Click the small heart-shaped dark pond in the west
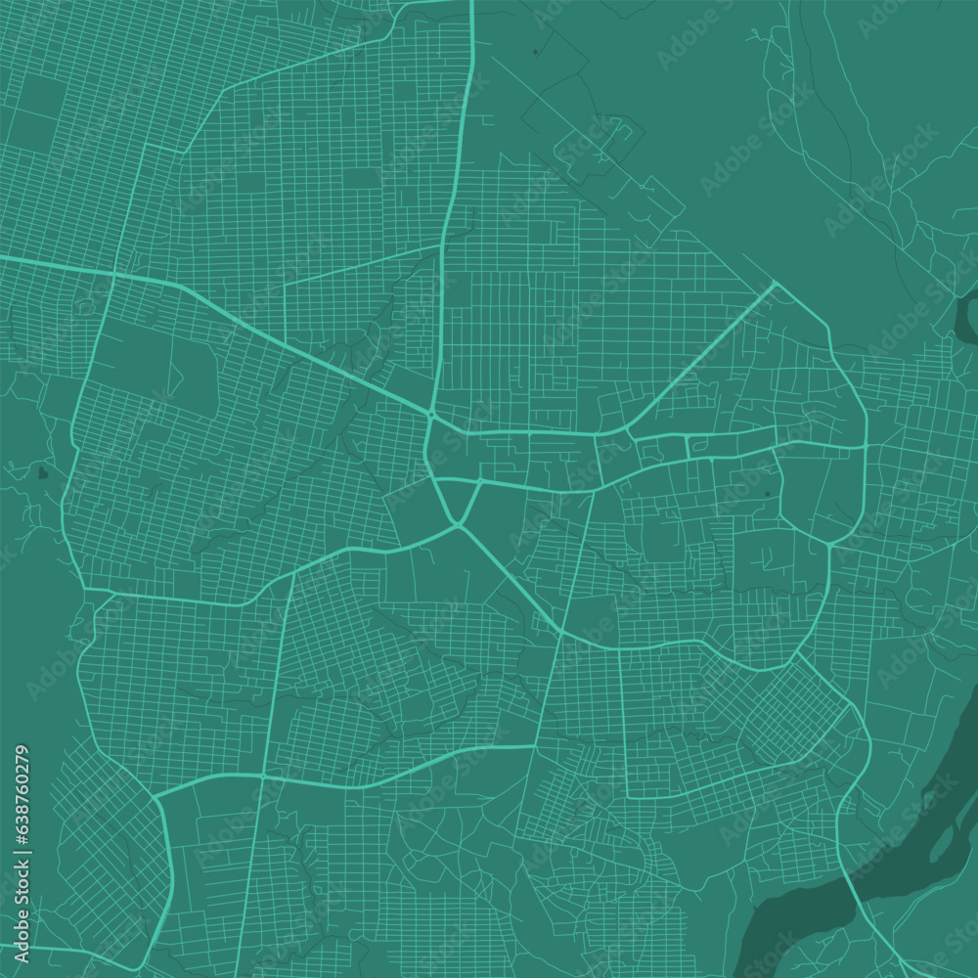point(41,474)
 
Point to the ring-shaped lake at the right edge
point(966,318)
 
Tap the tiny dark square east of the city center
point(766,495)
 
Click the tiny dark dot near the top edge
point(535,50)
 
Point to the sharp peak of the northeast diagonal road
point(775,284)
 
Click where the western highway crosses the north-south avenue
point(113,276)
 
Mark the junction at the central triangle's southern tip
point(459,526)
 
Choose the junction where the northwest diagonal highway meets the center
point(430,414)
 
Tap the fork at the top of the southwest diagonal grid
point(156,797)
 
